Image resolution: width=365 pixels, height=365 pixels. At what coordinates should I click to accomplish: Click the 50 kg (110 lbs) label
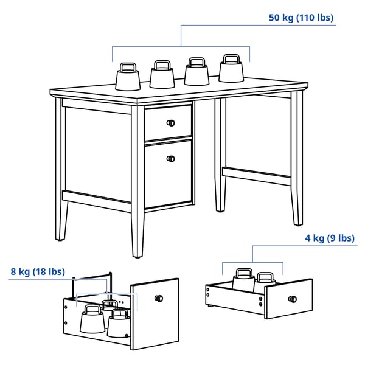click(301, 18)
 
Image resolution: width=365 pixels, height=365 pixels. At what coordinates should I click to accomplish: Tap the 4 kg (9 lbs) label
click(330, 238)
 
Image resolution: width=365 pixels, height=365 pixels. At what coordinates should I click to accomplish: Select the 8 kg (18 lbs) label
click(38, 272)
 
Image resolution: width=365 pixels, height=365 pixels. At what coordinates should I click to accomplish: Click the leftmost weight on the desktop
click(128, 77)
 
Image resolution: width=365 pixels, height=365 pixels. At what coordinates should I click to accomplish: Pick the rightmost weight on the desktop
click(231, 68)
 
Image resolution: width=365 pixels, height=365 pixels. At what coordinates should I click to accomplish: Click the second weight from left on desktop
click(162, 74)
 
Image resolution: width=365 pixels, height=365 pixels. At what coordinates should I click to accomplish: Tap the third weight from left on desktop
click(196, 71)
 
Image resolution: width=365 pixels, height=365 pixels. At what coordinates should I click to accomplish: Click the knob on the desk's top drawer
click(170, 123)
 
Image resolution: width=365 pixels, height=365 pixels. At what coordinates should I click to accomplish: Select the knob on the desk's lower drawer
click(170, 159)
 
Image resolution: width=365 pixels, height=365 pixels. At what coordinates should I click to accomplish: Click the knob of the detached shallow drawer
click(293, 299)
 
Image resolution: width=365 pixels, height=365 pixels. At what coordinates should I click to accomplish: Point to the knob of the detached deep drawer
click(159, 298)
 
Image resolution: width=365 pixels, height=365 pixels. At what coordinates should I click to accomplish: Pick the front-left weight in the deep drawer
click(92, 319)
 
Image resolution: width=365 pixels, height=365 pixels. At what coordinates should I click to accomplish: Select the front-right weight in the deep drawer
click(118, 323)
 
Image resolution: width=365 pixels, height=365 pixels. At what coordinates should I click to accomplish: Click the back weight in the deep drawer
click(110, 305)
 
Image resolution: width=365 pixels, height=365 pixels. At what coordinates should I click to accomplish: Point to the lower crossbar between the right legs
click(257, 176)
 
